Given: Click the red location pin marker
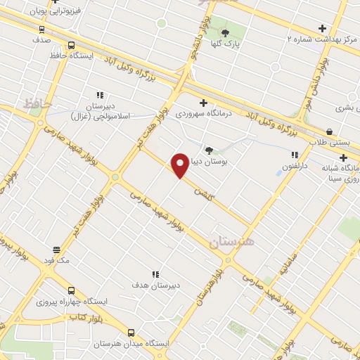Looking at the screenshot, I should point(180,165).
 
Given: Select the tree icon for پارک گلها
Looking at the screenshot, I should point(225,33).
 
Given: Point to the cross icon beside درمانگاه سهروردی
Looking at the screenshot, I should point(203,103).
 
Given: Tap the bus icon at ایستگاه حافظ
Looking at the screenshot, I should point(71,46).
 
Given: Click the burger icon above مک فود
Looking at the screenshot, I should point(56,250).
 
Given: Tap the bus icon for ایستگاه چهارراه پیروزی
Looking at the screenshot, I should point(71,290).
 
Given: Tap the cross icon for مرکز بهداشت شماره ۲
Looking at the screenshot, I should point(322,29).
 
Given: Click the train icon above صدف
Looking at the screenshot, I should point(41,29).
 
